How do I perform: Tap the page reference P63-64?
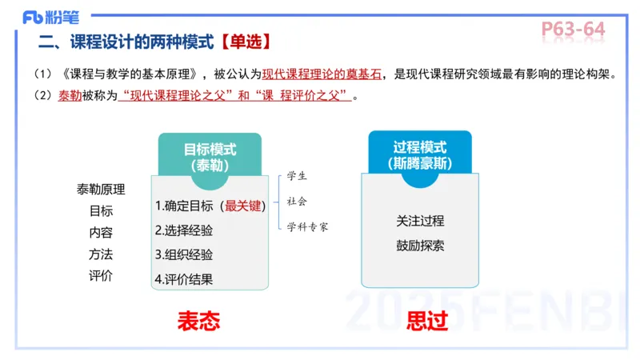(x=573, y=29)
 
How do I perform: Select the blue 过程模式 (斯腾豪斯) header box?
(x=420, y=154)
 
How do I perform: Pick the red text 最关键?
(x=244, y=206)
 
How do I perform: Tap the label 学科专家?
(x=308, y=226)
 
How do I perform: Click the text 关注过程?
(x=420, y=221)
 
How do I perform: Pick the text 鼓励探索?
(x=420, y=246)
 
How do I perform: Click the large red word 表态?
(x=198, y=322)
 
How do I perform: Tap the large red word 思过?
(x=427, y=322)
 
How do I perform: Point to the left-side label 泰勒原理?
(x=101, y=190)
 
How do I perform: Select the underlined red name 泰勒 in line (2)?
(x=70, y=96)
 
